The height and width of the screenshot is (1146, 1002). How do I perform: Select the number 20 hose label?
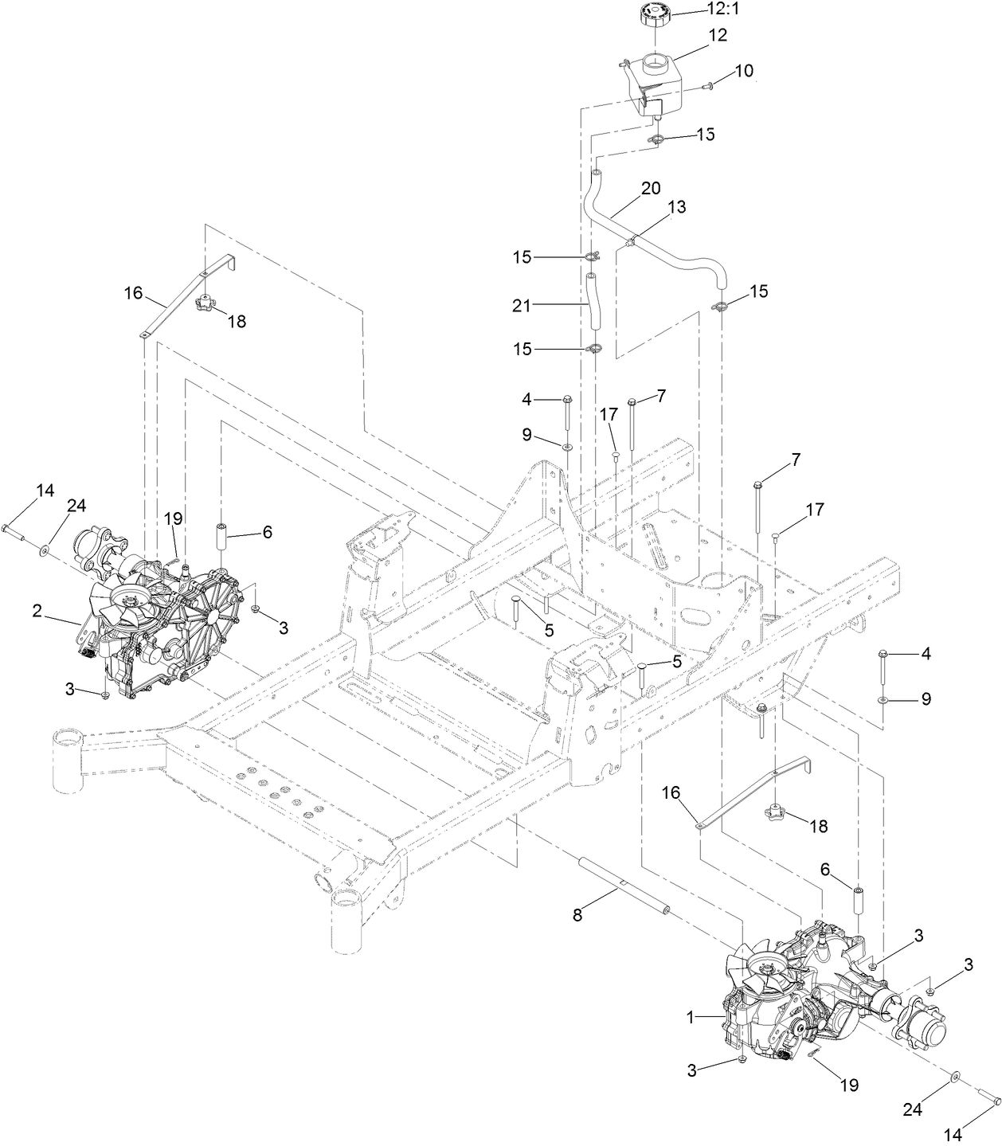coord(651,189)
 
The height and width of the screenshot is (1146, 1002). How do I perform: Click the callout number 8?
coord(577,915)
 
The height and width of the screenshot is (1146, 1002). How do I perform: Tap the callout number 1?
coord(691,1017)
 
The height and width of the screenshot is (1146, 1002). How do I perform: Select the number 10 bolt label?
coord(743,70)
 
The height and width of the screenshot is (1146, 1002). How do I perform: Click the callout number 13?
coord(676,207)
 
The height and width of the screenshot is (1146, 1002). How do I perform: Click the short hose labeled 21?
coord(593,303)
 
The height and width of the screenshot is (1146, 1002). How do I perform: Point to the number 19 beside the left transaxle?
coord(174,518)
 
